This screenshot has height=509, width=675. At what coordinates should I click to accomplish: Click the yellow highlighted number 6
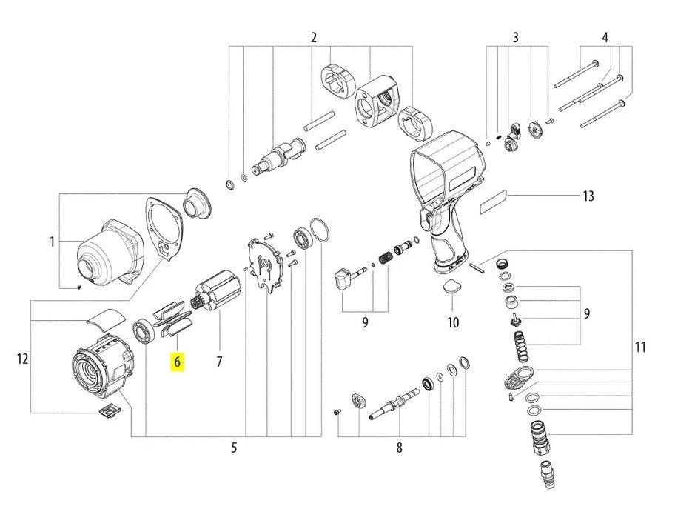(178, 363)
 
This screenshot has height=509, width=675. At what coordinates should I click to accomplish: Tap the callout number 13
(588, 196)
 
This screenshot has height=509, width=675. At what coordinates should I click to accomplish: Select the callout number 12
(22, 359)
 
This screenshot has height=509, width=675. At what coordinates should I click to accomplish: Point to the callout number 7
(219, 362)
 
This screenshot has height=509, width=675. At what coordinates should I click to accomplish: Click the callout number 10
(453, 322)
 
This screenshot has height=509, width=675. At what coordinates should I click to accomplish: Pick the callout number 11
(640, 346)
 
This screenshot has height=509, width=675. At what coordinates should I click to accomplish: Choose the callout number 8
(399, 448)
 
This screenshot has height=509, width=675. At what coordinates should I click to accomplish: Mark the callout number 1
(53, 242)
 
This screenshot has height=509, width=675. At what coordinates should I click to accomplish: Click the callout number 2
(314, 38)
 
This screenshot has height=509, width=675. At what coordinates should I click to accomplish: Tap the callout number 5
(234, 448)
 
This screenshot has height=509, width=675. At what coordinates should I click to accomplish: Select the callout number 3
(516, 38)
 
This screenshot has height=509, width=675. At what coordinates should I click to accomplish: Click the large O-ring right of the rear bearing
(318, 230)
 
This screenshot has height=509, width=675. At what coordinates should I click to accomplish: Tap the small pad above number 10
(452, 290)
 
